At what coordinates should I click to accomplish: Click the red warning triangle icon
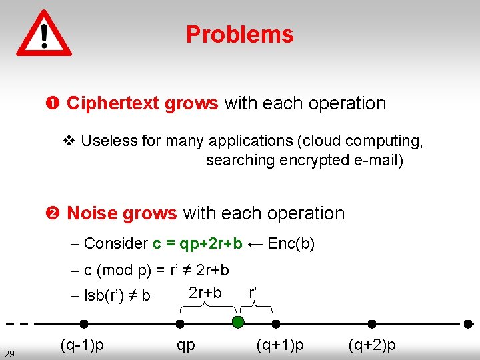click(44, 33)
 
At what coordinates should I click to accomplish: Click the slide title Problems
click(239, 35)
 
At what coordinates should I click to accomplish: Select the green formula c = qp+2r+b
click(197, 243)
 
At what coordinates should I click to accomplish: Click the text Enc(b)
click(291, 243)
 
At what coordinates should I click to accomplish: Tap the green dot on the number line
click(238, 323)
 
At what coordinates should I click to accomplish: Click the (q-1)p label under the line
click(82, 345)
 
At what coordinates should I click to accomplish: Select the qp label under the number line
click(186, 345)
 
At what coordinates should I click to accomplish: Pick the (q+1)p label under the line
click(280, 345)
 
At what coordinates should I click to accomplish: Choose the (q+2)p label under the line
click(372, 345)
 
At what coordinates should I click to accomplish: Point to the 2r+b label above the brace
click(205, 293)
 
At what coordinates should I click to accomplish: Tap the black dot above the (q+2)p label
click(372, 324)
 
